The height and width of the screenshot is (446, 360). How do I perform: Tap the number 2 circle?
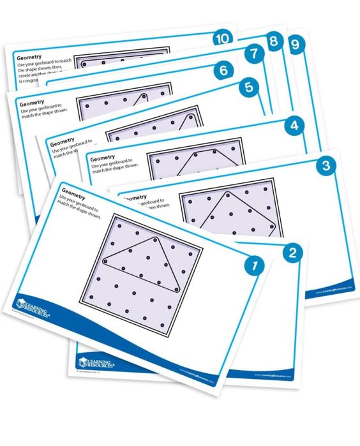[x=292, y=252]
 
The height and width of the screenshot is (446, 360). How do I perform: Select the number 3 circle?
[x=326, y=167]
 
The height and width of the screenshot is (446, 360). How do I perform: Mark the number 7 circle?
[x=253, y=54]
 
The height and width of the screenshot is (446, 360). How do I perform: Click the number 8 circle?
[x=273, y=42]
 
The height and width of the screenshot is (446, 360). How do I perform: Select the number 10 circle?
[x=222, y=38]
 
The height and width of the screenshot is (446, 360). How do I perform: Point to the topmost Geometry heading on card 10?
[x=29, y=56]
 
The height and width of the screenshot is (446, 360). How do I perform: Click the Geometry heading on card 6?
[x=32, y=103]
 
